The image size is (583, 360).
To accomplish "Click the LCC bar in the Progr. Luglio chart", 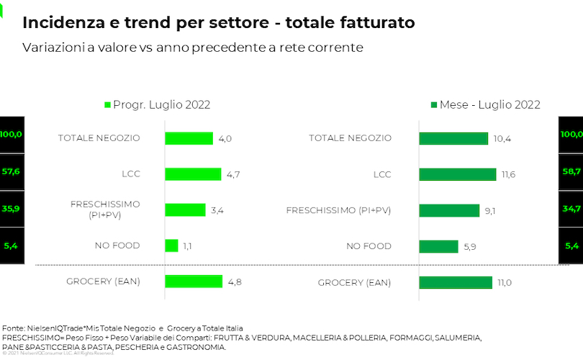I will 193,174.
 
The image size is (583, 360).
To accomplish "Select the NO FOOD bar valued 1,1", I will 171,246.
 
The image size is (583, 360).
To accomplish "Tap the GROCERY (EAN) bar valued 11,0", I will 456,282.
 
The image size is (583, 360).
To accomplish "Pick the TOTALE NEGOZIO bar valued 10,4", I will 453,138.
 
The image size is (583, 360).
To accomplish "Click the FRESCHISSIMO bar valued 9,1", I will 449,210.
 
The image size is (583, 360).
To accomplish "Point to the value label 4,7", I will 234,174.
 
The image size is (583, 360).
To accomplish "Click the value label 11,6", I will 510,174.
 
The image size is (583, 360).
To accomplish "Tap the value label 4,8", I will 234,282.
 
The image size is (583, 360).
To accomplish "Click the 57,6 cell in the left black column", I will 11,172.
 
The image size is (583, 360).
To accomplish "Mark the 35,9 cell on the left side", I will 11,209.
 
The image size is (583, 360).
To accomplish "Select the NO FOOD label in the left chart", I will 117,246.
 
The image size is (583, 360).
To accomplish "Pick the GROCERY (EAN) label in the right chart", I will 354,283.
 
